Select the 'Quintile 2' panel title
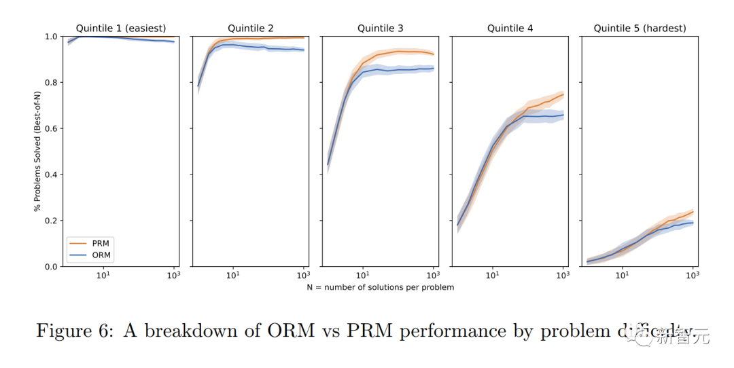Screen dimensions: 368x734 click(x=251, y=29)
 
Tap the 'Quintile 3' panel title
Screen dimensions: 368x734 click(x=381, y=29)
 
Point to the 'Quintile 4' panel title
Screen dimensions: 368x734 click(x=510, y=29)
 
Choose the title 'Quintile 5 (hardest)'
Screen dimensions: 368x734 click(x=640, y=29)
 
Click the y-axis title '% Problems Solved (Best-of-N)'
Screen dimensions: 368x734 click(x=37, y=151)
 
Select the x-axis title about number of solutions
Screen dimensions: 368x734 click(x=380, y=287)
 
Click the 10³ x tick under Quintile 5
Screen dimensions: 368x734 click(x=692, y=275)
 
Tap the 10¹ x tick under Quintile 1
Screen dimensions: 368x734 click(x=103, y=275)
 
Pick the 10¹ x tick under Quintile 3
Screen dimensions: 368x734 click(x=362, y=275)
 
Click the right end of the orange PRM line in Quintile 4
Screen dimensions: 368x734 click(x=563, y=94)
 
